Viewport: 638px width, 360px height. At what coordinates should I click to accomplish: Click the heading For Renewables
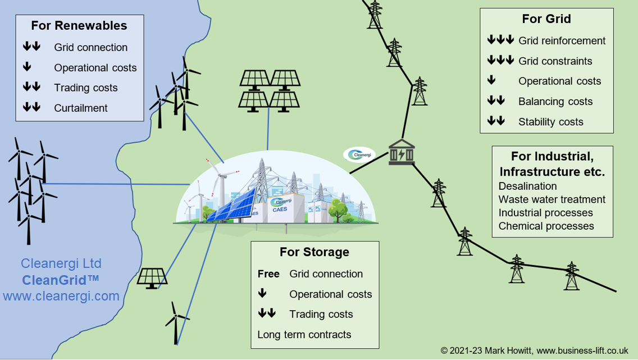pyautogui.click(x=79, y=26)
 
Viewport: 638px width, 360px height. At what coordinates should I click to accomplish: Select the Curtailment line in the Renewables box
pyautogui.click(x=81, y=108)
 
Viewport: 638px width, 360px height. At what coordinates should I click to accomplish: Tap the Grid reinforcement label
pyautogui.click(x=562, y=40)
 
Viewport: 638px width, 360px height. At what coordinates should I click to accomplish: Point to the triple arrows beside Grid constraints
pyautogui.click(x=500, y=60)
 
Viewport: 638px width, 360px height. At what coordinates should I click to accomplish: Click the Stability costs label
pyautogui.click(x=550, y=121)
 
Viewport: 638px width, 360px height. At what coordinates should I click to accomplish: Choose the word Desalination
pyautogui.click(x=527, y=186)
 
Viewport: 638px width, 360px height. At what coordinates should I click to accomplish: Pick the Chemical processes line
pyautogui.click(x=546, y=226)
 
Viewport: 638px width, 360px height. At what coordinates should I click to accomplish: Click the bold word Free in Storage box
pyautogui.click(x=268, y=274)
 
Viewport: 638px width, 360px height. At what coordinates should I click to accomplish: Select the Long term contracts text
pyautogui.click(x=304, y=335)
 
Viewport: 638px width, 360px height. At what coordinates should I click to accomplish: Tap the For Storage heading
pyautogui.click(x=315, y=252)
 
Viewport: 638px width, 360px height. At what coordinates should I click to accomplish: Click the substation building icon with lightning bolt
pyautogui.click(x=402, y=152)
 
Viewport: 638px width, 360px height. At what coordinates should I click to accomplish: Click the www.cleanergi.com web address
pyautogui.click(x=61, y=296)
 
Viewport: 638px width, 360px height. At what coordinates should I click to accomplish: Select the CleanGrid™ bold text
pyautogui.click(x=61, y=280)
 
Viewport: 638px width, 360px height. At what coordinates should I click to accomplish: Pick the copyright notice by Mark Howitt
pyautogui.click(x=539, y=350)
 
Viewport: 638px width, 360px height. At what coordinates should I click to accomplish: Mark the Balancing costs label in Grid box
pyautogui.click(x=555, y=101)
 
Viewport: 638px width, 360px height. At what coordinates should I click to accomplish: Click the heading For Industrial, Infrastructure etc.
pyautogui.click(x=552, y=163)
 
